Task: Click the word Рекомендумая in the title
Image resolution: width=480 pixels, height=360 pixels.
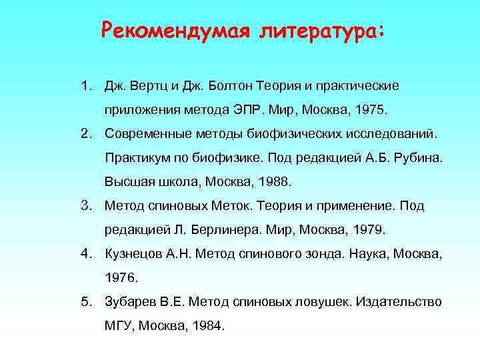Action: tap(175, 31)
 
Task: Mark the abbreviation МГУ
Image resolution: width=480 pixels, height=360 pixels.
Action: tap(119, 326)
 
